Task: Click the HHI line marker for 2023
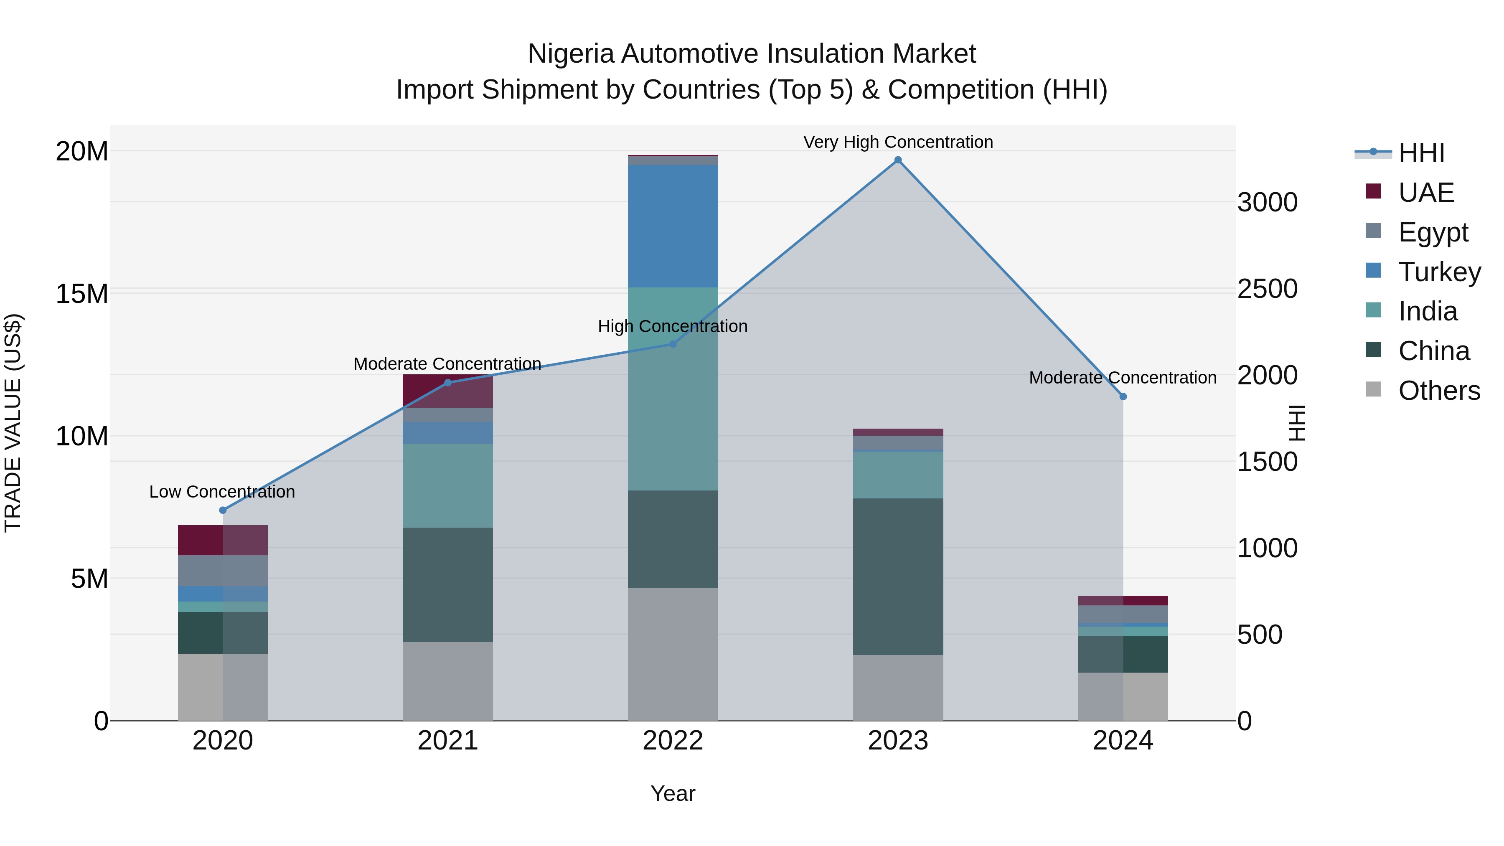click(898, 160)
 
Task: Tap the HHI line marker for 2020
click(222, 510)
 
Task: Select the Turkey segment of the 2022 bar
click(673, 226)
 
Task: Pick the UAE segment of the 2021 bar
click(448, 391)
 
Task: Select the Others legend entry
click(1438, 391)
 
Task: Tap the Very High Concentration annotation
click(898, 142)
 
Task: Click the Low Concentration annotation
click(222, 492)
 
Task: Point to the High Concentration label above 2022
click(673, 326)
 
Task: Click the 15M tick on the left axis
click(82, 293)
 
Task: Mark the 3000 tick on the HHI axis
click(1268, 203)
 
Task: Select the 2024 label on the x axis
click(1123, 741)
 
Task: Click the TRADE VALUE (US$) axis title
click(13, 423)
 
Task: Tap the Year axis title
click(673, 793)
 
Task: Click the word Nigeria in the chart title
click(570, 54)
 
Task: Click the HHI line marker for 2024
click(1123, 396)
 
